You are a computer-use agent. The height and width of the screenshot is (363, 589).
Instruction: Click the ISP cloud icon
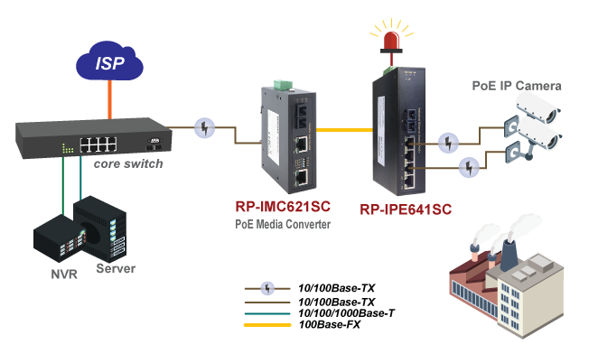pyautogui.click(x=109, y=62)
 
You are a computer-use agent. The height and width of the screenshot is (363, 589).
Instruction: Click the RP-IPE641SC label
pyautogui.click(x=406, y=209)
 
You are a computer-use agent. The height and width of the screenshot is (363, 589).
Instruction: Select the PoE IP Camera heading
pyautogui.click(x=517, y=86)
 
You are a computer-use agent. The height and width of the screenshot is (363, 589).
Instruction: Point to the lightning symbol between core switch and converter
pyautogui.click(x=207, y=128)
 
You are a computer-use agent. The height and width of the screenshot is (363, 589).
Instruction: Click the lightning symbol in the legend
pyautogui.click(x=268, y=289)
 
